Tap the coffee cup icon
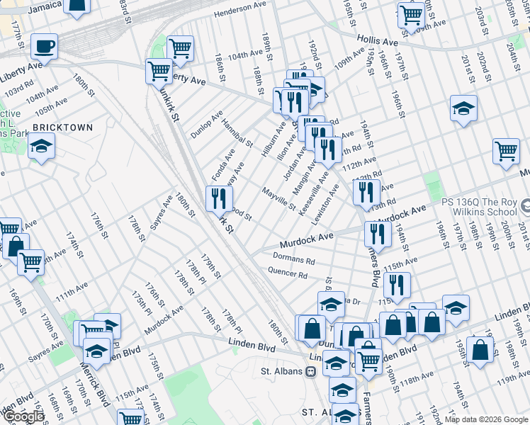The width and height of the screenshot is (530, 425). click(44, 47)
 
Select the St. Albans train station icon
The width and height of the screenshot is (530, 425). click(310, 370)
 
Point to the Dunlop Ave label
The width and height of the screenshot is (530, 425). click(207, 124)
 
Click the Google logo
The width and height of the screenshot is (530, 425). click(23, 416)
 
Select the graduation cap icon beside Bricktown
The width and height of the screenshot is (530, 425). click(42, 147)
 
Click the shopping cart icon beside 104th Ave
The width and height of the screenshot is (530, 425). click(181, 48)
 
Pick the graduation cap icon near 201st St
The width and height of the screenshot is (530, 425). click(463, 108)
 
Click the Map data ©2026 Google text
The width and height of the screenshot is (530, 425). click(486, 419)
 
